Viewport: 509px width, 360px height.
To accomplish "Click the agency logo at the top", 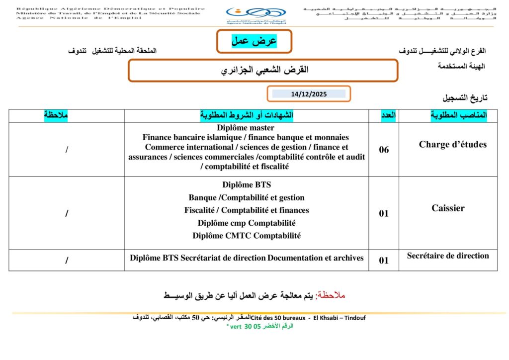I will [x=256, y=15].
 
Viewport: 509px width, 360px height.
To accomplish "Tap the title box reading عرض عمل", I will [x=254, y=41].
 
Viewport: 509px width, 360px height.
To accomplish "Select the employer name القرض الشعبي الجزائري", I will [x=264, y=70].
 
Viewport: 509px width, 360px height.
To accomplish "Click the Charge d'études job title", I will [x=452, y=145].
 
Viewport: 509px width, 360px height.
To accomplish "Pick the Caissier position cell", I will [x=448, y=208].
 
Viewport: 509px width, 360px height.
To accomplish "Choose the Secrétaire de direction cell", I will [x=447, y=256].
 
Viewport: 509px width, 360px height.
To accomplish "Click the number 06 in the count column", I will [x=384, y=150].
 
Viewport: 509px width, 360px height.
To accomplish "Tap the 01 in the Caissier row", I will [x=384, y=213].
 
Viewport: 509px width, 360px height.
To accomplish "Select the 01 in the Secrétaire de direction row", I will [x=384, y=260].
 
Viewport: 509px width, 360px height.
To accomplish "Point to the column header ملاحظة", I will [x=56, y=115].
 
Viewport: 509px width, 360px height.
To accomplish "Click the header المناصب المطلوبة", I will [x=458, y=115].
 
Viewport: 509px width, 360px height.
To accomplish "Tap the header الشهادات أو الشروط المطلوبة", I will [x=247, y=115].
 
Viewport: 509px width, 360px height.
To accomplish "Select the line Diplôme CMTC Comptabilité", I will [x=247, y=236].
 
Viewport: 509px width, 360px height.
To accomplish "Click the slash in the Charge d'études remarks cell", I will [x=67, y=150].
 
